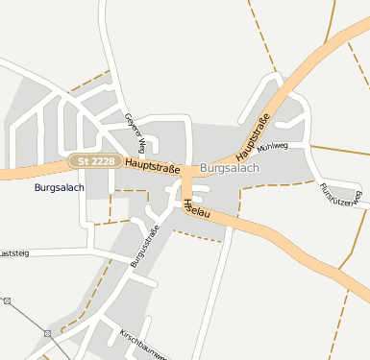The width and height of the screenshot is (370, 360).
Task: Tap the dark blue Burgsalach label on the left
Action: [59, 187]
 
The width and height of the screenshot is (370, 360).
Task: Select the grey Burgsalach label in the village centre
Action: [230, 168]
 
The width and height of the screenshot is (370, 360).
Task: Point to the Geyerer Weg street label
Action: [135, 132]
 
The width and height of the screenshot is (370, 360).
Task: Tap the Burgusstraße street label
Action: [144, 246]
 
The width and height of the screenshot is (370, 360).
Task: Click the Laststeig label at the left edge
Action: [14, 253]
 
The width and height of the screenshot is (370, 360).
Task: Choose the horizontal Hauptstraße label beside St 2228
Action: [151, 167]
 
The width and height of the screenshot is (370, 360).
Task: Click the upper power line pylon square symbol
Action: [8, 301]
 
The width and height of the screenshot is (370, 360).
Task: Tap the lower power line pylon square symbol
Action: [47, 333]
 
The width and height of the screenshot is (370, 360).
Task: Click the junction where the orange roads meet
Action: [188, 174]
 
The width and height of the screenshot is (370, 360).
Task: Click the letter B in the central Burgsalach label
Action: [205, 168]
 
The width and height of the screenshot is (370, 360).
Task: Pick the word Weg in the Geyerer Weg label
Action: [140, 145]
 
